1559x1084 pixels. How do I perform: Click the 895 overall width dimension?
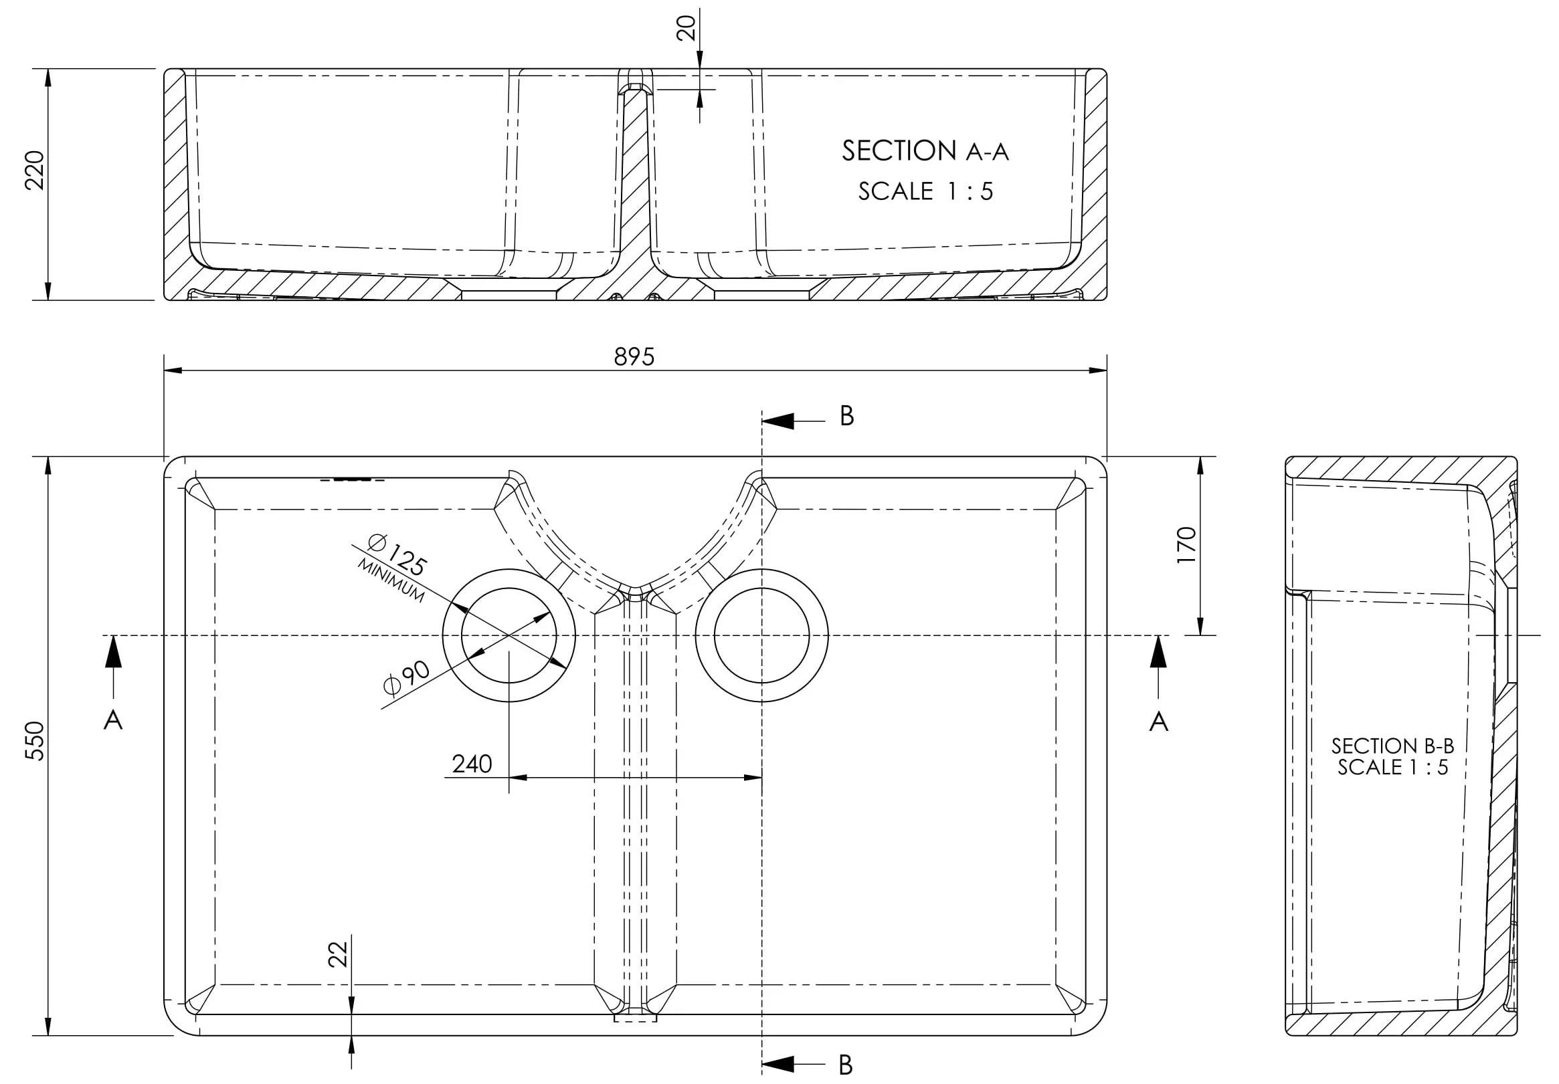[634, 356]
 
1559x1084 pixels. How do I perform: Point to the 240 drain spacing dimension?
[472, 764]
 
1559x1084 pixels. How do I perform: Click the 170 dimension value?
[1186, 544]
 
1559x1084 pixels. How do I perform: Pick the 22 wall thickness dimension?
[337, 954]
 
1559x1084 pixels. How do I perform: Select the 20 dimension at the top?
[686, 28]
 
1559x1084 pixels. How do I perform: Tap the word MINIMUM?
[391, 581]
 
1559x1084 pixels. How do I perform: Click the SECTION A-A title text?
[925, 150]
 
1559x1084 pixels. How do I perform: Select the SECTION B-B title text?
[1392, 746]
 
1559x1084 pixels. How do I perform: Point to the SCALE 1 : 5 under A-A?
[925, 191]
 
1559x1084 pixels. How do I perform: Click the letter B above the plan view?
[846, 416]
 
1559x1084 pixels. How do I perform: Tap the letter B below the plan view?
[845, 1065]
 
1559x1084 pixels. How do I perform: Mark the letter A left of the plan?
[112, 720]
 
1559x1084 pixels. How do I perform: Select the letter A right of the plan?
[1158, 722]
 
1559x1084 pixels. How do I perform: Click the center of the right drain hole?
[762, 635]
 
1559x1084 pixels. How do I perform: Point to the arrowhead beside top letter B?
[778, 421]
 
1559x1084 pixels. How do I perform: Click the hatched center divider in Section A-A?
[636, 197]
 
